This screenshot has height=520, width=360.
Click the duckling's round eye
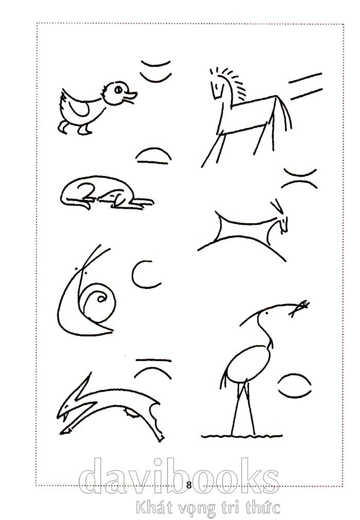tap(118, 89)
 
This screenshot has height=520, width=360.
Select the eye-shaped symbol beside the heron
tap(294, 386)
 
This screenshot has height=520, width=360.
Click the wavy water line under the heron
tap(242, 436)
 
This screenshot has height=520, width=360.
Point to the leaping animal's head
tap(71, 408)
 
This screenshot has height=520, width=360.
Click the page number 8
tap(189, 485)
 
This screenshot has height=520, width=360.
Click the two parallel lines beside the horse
tap(305, 86)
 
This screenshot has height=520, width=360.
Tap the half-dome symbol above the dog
tap(153, 155)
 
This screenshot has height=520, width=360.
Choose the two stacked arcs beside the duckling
tap(156, 70)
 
